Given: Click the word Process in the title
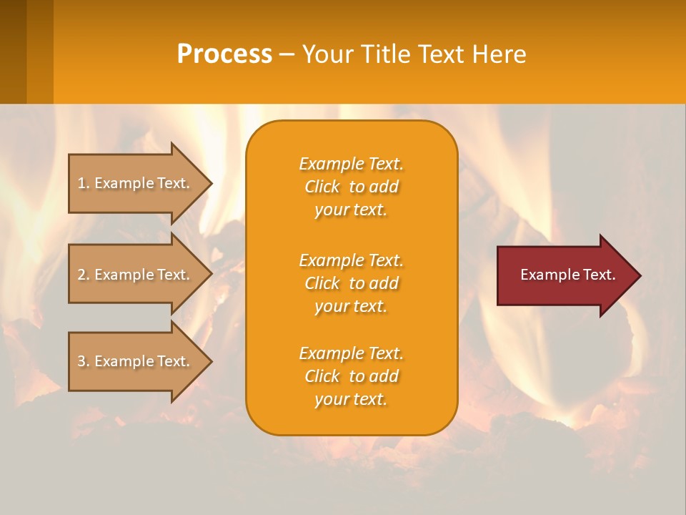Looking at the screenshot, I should click(224, 54).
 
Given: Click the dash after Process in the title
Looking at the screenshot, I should click(287, 55).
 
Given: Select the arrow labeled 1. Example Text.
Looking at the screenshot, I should click(136, 183).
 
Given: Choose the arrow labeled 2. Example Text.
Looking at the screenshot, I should click(136, 275).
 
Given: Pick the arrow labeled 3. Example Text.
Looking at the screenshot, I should click(136, 361).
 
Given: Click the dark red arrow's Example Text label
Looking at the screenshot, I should click(567, 275).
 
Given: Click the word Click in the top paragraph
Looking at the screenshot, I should click(322, 187).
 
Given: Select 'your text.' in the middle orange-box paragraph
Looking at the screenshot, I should click(351, 306).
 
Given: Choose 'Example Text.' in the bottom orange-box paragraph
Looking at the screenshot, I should click(351, 353).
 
